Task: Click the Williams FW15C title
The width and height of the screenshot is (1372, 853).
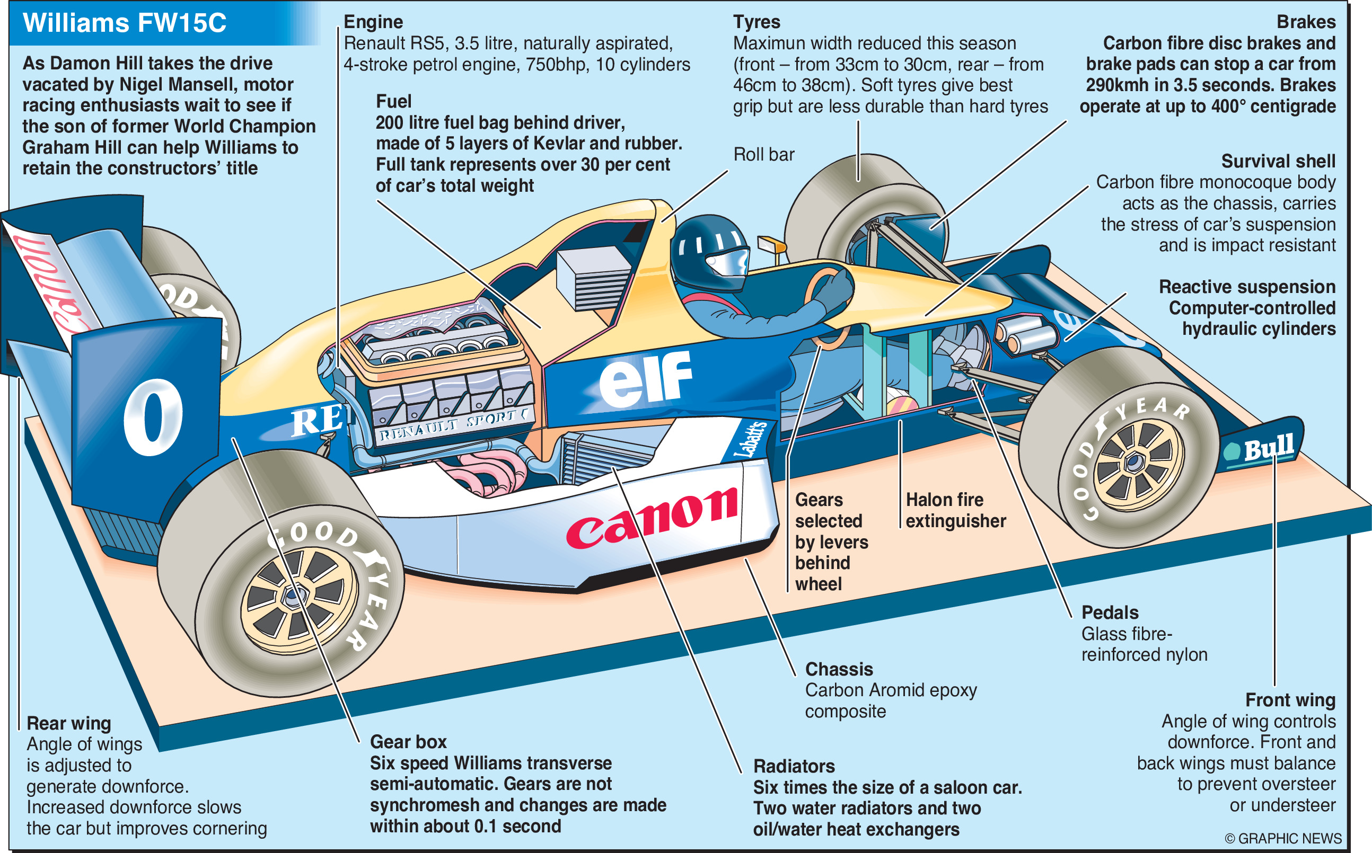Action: (x=124, y=23)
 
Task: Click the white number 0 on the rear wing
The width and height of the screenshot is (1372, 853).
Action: (x=153, y=417)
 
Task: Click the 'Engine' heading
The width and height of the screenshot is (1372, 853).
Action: (x=373, y=22)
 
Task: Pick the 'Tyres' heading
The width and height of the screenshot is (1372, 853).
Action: (x=757, y=22)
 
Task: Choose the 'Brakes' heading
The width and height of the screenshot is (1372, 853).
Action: (x=1305, y=22)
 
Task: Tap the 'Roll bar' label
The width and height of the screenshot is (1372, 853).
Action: (x=763, y=154)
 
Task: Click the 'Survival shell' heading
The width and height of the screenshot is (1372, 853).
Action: (x=1278, y=162)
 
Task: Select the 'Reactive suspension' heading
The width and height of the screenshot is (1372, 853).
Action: (x=1247, y=287)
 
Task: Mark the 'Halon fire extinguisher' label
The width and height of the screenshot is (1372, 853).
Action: (x=955, y=510)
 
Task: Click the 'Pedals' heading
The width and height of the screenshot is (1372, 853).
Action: (x=1110, y=612)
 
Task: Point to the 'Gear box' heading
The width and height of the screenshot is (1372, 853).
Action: (x=408, y=742)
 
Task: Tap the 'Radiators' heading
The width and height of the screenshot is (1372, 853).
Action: (x=794, y=766)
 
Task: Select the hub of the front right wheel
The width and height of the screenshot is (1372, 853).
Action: (x=1133, y=463)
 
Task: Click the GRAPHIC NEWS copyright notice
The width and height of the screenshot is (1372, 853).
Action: (x=1283, y=838)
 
